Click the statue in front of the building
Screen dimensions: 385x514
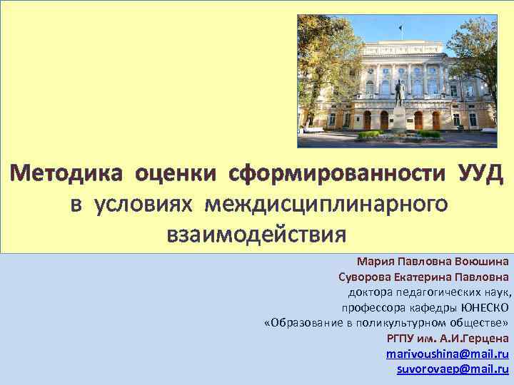pyautogui.click(x=400, y=93)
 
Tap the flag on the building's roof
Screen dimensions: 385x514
pyautogui.click(x=400, y=30)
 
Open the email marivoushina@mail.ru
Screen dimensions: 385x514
pyautogui.click(x=447, y=354)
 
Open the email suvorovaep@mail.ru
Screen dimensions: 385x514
pyautogui.click(x=453, y=369)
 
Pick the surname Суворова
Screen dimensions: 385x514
pyautogui.click(x=363, y=276)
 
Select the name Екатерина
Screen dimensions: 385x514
pyautogui.click(x=425, y=276)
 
